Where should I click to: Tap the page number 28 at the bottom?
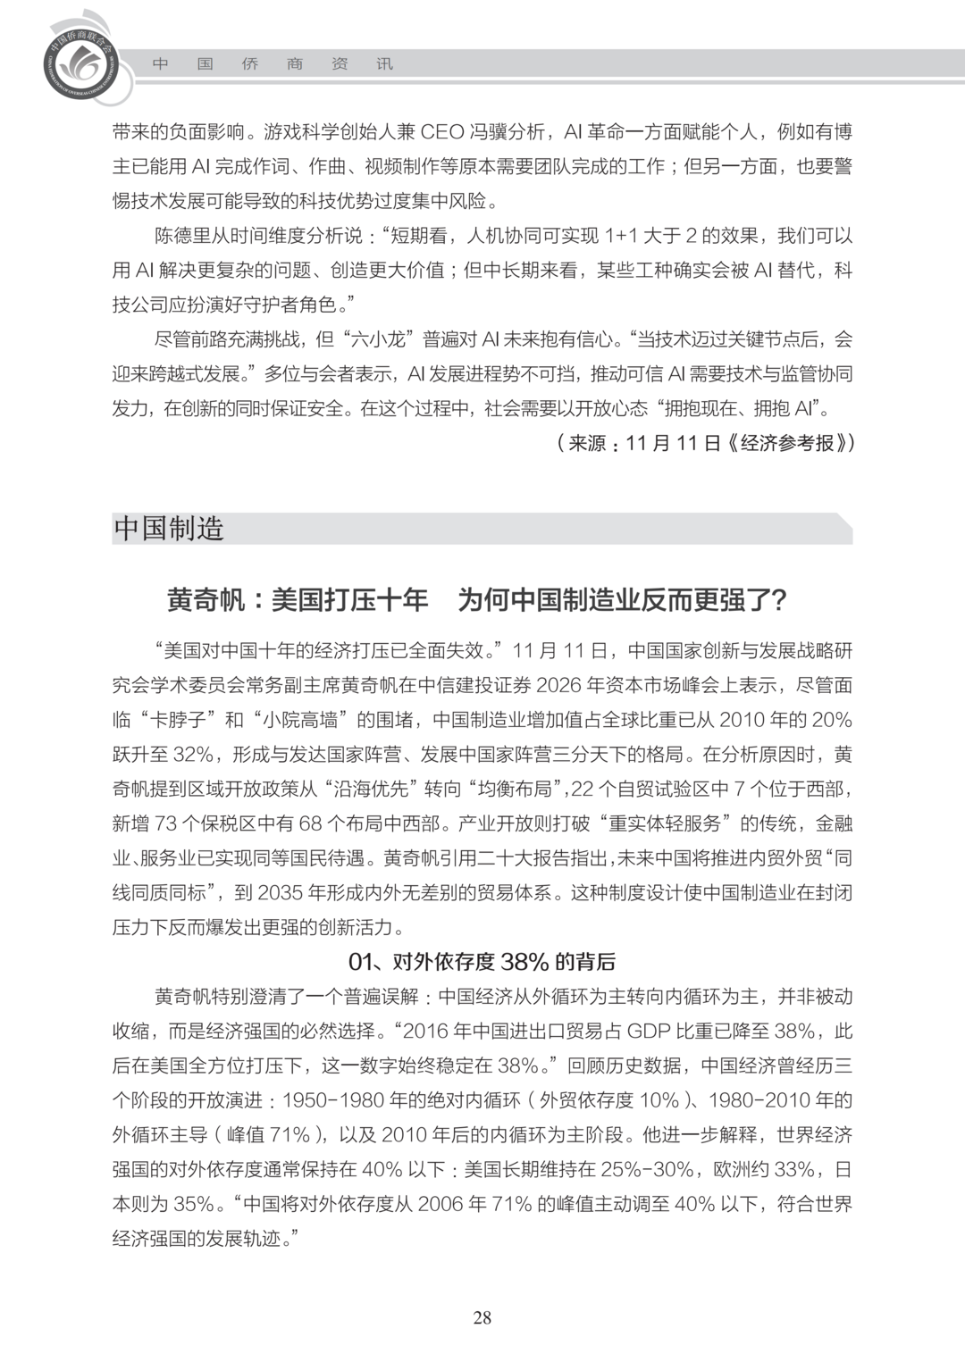coord(482,1317)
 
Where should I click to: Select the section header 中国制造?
coord(169,529)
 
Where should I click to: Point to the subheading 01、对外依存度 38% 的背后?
coord(482,962)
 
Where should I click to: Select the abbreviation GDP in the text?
coord(648,1031)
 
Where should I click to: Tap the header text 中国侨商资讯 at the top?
coord(272,64)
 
